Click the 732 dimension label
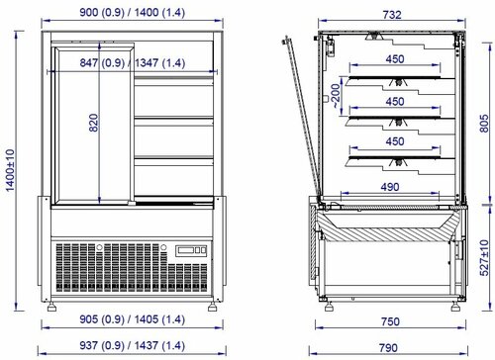pyautogui.click(x=392, y=15)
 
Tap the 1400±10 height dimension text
pyautogui.click(x=10, y=170)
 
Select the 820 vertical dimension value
pyautogui.click(x=94, y=123)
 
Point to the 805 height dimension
pyautogui.click(x=484, y=124)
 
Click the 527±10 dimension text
pyautogui.click(x=484, y=258)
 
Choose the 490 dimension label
pyautogui.click(x=390, y=187)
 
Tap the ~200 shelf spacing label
pyautogui.click(x=336, y=96)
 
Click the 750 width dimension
pyautogui.click(x=390, y=321)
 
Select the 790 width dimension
pyautogui.click(x=388, y=348)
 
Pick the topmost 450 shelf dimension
pyautogui.click(x=395, y=59)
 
